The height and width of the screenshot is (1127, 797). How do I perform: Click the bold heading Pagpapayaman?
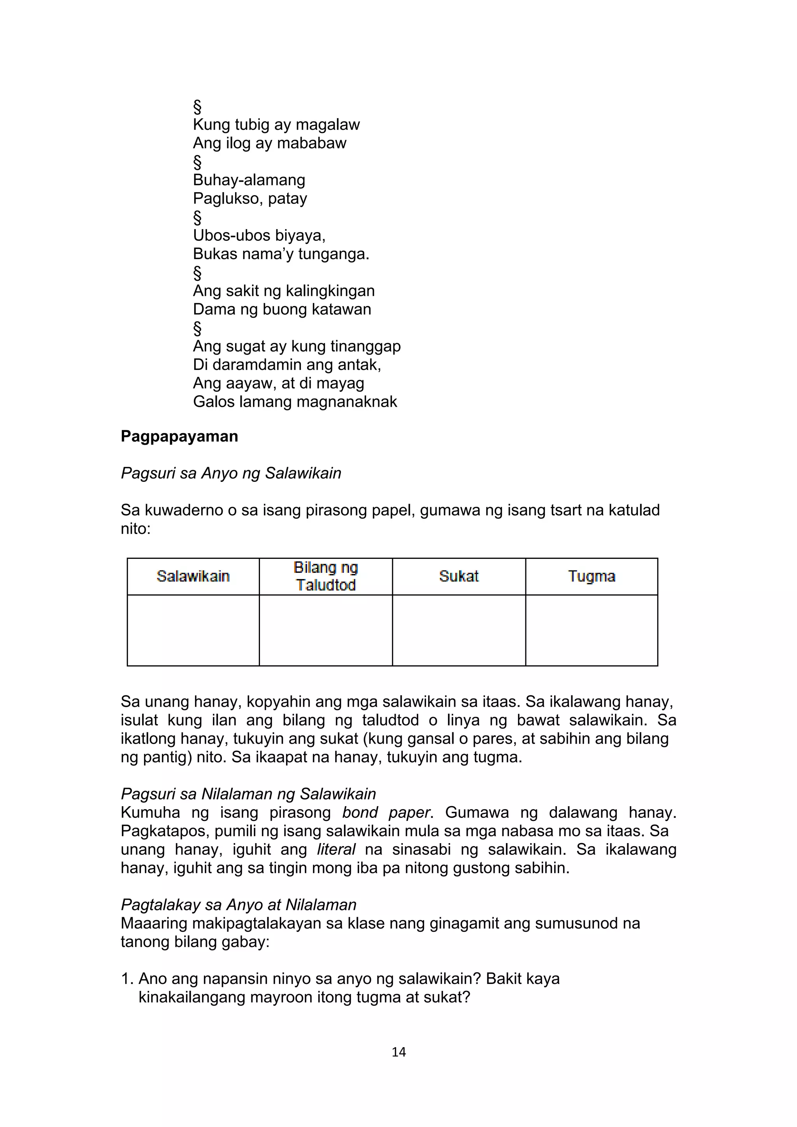coord(179,436)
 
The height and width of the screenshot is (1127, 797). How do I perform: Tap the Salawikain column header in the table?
coord(193,576)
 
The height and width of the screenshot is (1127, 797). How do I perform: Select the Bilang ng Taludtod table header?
coord(326,576)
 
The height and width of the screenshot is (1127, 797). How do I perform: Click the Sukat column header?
coord(459,576)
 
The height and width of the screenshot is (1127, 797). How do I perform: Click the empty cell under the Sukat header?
coord(459,630)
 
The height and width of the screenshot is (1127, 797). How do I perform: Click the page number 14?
coord(399,1052)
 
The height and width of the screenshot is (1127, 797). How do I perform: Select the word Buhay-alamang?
coord(249,180)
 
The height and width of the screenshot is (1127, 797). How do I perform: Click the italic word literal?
coord(336,849)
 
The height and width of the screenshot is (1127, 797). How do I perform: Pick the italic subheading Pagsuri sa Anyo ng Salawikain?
coord(231,473)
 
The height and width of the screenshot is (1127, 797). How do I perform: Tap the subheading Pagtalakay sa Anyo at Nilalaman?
coord(239,905)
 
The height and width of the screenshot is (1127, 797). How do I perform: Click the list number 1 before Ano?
coord(126,979)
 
